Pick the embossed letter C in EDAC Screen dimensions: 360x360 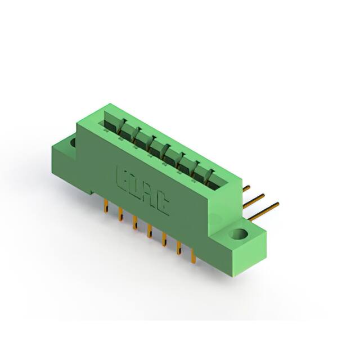[x=163, y=205]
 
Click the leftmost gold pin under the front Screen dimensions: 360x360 [x=105, y=208]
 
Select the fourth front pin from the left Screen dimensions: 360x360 [x=149, y=232]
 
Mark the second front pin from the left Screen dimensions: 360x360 [x=120, y=215]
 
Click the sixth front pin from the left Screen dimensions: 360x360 [x=178, y=249]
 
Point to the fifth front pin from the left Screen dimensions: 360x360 [x=164, y=240]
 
